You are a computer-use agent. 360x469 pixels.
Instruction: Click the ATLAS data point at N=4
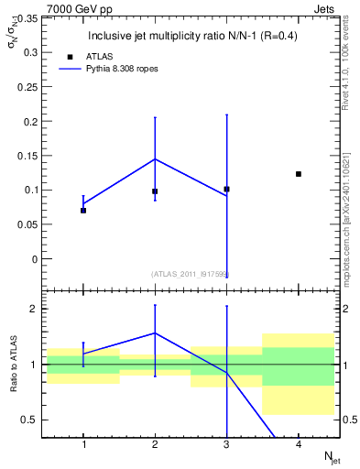pyautogui.click(x=299, y=174)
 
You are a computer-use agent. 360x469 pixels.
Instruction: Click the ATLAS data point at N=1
pyautogui.click(x=83, y=211)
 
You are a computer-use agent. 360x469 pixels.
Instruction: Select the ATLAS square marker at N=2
pyautogui.click(x=155, y=191)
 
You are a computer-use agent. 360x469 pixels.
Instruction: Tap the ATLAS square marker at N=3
pyautogui.click(x=226, y=190)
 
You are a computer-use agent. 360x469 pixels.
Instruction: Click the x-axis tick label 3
pyautogui.click(x=226, y=444)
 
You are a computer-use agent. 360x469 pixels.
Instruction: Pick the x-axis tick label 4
pyautogui.click(x=299, y=444)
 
